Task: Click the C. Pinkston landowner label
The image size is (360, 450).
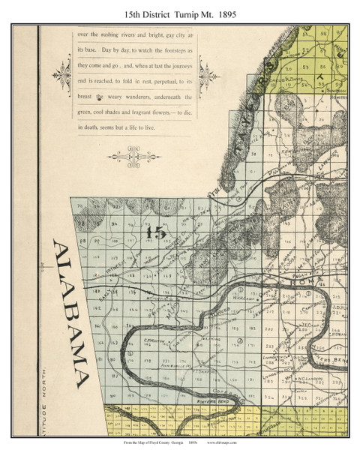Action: tap(134, 337)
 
